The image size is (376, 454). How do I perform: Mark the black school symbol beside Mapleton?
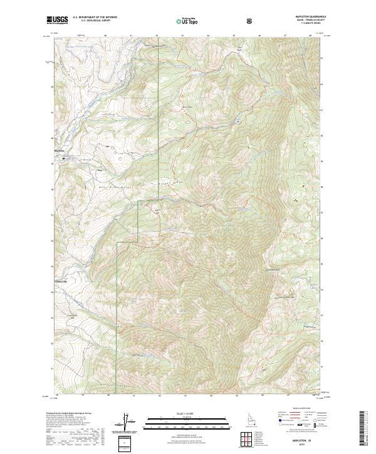(x=63, y=159)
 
